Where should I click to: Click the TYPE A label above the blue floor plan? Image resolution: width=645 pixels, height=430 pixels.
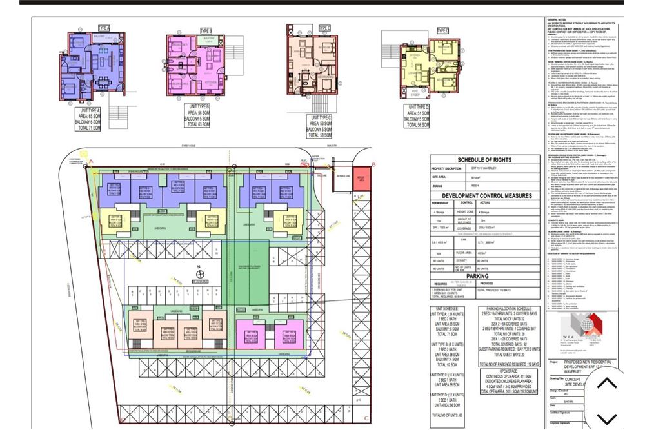pyautogui.click(x=104, y=28)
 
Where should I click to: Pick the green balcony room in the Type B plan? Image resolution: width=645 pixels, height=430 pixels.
pyautogui.click(x=208, y=42)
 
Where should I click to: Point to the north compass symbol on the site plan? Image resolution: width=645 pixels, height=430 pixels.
pyautogui.click(x=201, y=275)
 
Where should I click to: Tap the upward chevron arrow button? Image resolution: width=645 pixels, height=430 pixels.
pyautogui.click(x=606, y=384)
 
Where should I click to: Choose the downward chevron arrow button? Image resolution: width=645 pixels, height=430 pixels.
pyautogui.click(x=606, y=418)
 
